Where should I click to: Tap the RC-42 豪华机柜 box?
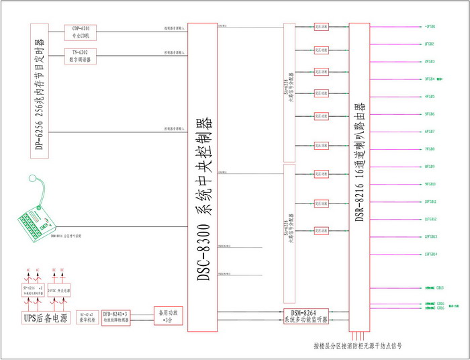(88, 316)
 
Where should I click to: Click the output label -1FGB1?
(430, 27)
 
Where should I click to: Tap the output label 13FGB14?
(430, 254)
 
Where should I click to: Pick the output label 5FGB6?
(430, 114)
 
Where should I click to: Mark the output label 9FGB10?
(430, 184)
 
